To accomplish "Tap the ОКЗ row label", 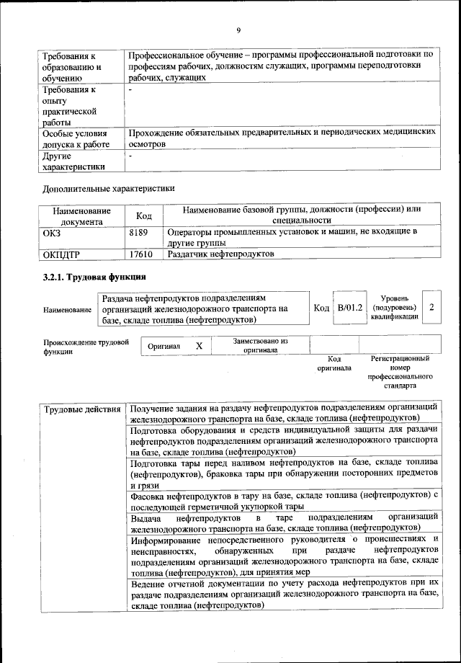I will [53, 232].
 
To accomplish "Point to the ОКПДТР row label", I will [62, 254].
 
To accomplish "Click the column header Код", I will [143, 215].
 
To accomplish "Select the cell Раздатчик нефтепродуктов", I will [220, 254].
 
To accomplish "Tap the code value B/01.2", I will [352, 307].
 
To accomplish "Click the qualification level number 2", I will [431, 307].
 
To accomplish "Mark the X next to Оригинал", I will [200, 347].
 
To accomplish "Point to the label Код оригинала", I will [334, 363].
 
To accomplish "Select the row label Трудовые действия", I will [81, 410].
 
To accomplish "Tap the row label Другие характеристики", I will [73, 161].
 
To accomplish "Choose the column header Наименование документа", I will [82, 216].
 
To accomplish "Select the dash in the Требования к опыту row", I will [130, 91].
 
